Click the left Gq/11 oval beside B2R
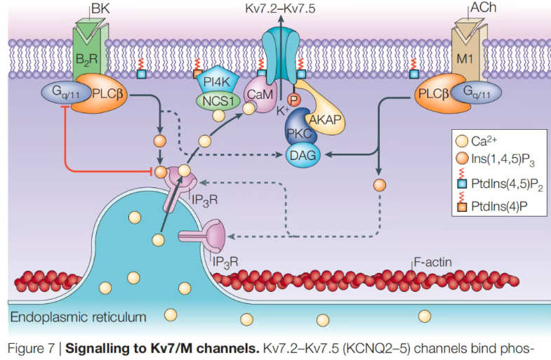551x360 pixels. [64, 93]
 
